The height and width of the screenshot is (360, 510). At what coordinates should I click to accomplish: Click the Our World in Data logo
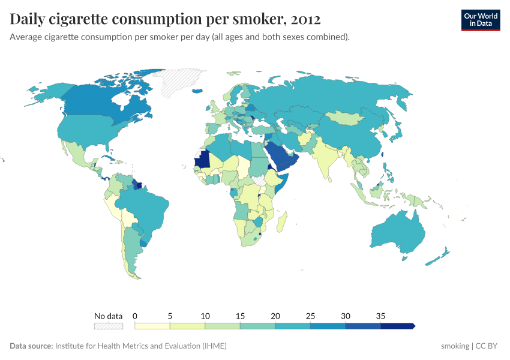point(481,20)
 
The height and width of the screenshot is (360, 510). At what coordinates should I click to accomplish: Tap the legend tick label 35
point(380,316)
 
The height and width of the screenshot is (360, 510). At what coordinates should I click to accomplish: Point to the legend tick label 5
point(170,316)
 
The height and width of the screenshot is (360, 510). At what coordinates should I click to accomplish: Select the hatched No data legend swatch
point(108,326)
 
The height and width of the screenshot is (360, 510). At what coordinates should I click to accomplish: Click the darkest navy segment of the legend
point(397,326)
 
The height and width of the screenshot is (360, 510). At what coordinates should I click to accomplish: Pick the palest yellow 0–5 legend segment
point(152,326)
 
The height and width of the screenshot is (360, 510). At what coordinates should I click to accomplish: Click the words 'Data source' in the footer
point(31,346)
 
